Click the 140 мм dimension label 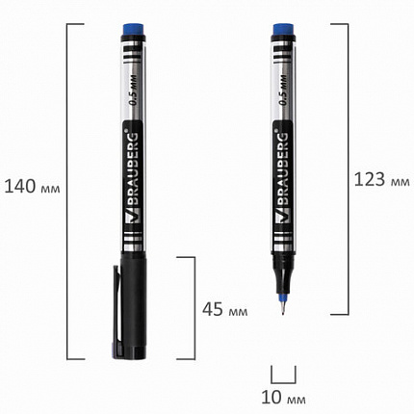click(32, 187)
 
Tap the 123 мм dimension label click(382, 179)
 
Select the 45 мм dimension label click(225, 309)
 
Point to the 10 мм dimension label click(283, 398)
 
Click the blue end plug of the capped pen click(133, 30)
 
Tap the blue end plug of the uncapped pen click(283, 29)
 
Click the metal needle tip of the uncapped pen click(282, 307)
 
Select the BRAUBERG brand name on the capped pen click(133, 168)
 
